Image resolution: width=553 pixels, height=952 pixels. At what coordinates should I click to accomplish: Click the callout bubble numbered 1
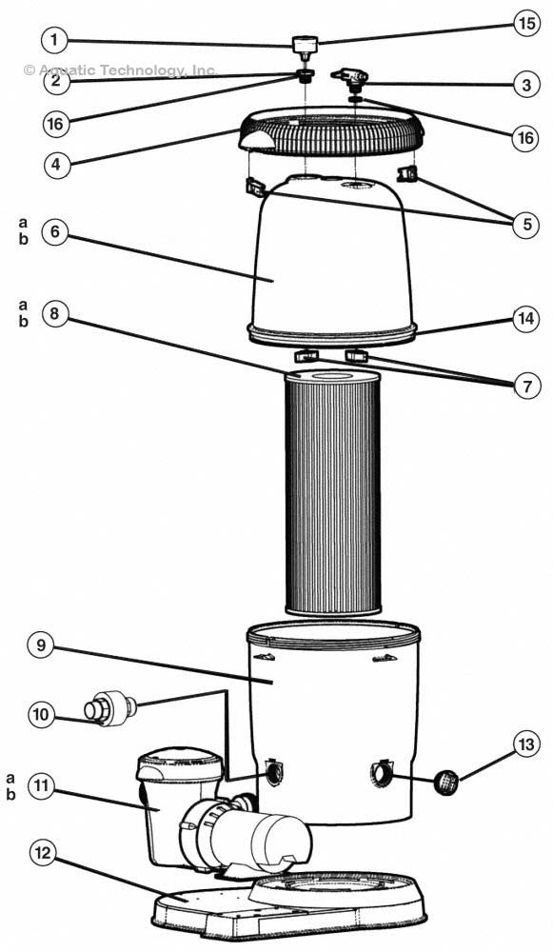(x=56, y=41)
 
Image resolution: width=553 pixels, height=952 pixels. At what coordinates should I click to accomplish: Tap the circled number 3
(x=524, y=85)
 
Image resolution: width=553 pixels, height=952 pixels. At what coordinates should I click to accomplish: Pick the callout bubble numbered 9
(x=41, y=645)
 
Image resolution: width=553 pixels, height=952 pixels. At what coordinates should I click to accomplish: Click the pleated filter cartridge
(x=333, y=495)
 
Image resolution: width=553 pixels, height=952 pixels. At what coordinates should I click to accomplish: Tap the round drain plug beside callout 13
(x=448, y=783)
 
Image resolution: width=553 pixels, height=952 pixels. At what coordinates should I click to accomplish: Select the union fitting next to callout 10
(x=112, y=706)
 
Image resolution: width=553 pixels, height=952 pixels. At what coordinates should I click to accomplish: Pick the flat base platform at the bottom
(x=286, y=904)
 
